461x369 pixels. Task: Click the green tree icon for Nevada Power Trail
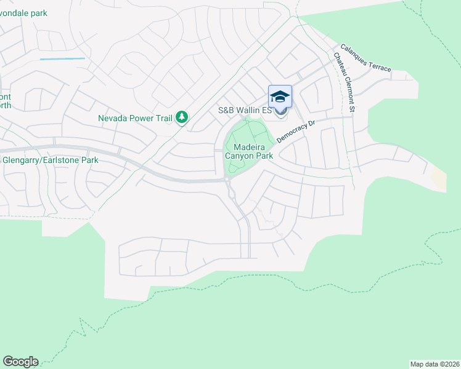pos(181,117)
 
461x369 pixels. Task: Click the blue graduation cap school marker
pos(280,97)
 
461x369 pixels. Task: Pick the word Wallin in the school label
pos(248,111)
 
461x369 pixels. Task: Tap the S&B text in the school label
pos(226,111)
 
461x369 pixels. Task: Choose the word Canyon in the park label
pos(240,156)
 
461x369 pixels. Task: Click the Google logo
pos(20,362)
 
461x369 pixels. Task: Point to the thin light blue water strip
pos(62,59)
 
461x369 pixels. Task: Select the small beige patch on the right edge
pos(438,180)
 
